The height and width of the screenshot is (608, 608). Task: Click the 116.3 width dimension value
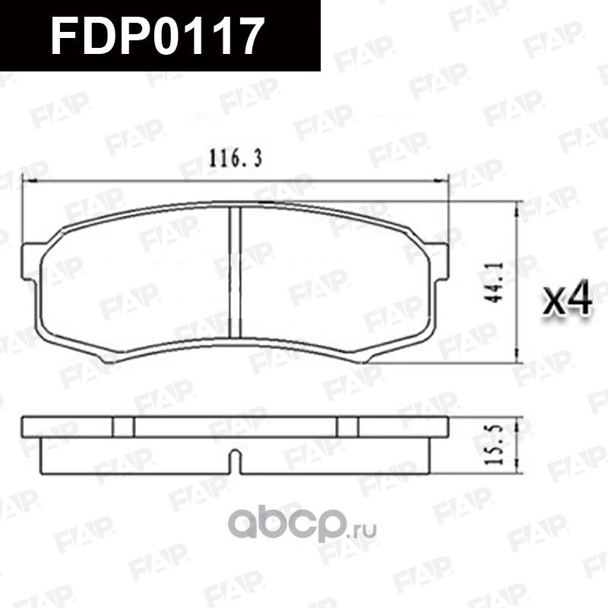(x=236, y=159)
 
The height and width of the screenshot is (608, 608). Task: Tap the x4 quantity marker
(x=569, y=301)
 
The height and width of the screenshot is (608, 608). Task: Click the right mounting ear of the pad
(x=439, y=255)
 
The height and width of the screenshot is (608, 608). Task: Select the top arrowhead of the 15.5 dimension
(x=518, y=420)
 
